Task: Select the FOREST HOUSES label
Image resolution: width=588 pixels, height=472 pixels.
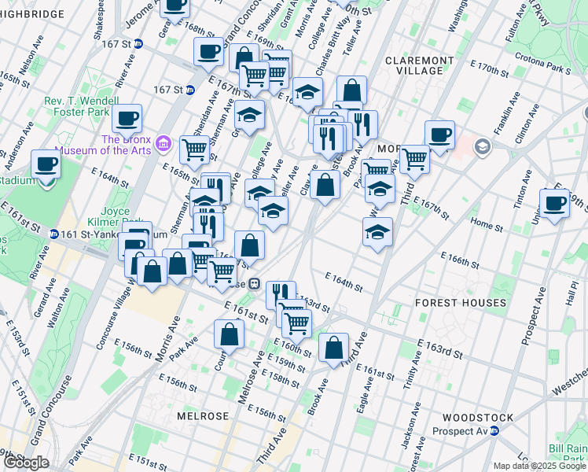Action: tap(461, 303)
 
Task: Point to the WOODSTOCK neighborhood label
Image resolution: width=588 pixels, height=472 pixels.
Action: tap(477, 418)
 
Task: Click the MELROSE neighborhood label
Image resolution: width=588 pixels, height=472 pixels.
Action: tap(203, 415)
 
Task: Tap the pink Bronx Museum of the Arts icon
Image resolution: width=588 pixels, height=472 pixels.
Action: tap(164, 142)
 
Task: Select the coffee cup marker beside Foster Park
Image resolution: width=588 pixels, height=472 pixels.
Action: tap(127, 119)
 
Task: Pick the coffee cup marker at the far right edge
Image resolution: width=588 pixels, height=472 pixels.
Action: tap(555, 204)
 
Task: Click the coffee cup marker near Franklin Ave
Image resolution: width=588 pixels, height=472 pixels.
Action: tap(439, 135)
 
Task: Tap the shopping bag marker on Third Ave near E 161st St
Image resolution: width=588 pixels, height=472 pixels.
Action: tap(333, 346)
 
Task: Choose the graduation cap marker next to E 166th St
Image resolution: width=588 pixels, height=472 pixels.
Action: tap(377, 232)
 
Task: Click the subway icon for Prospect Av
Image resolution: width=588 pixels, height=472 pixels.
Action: tap(494, 431)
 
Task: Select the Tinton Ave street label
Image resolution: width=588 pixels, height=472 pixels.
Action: tap(523, 189)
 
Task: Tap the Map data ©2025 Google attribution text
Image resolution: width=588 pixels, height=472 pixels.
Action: tap(539, 466)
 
